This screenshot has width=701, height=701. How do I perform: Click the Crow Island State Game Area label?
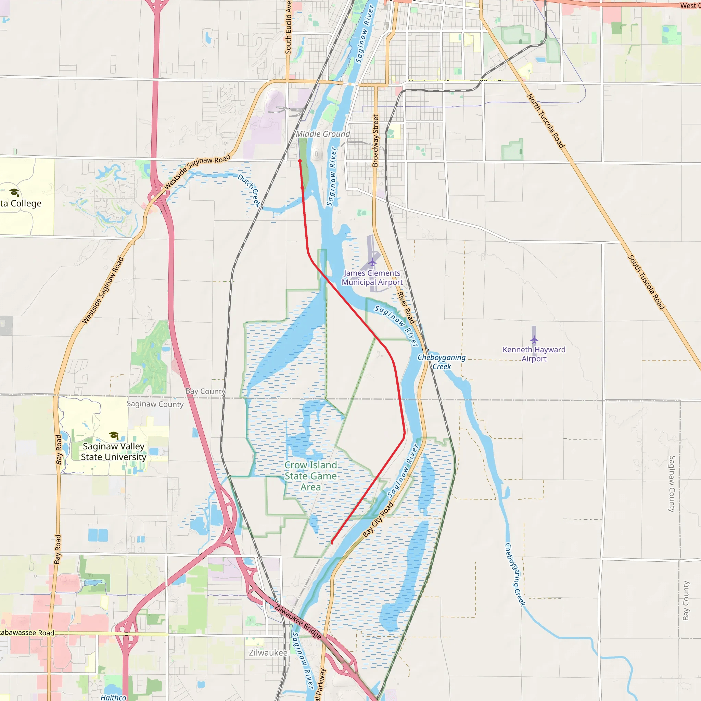click(x=310, y=476)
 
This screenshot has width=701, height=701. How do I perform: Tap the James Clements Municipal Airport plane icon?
click(x=372, y=262)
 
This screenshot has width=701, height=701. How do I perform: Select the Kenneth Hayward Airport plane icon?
click(x=534, y=340)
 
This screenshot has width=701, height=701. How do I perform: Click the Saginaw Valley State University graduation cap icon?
click(x=114, y=435)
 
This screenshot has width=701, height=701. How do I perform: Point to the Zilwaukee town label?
click(x=268, y=653)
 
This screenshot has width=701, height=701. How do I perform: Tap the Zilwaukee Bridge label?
click(x=298, y=622)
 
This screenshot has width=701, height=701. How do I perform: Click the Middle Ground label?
click(x=323, y=134)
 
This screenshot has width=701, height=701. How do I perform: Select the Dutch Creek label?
click(x=249, y=190)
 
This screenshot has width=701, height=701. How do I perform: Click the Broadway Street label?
click(x=375, y=141)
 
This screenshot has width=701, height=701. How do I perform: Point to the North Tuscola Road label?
click(x=545, y=121)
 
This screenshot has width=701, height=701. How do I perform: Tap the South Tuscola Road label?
click(x=646, y=282)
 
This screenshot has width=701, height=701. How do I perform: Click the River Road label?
click(x=406, y=308)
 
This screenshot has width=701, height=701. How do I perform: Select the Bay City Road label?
click(x=378, y=520)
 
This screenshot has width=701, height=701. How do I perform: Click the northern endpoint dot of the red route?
click(x=300, y=161)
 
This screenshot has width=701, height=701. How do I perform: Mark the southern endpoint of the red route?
click(x=332, y=543)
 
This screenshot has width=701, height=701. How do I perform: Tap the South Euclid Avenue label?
click(x=289, y=27)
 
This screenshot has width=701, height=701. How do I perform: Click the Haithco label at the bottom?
click(x=113, y=697)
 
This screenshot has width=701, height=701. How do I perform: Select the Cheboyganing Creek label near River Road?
click(x=442, y=362)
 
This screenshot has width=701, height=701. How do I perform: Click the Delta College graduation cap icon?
click(x=14, y=192)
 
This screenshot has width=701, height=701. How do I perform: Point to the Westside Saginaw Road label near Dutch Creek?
click(x=197, y=171)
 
